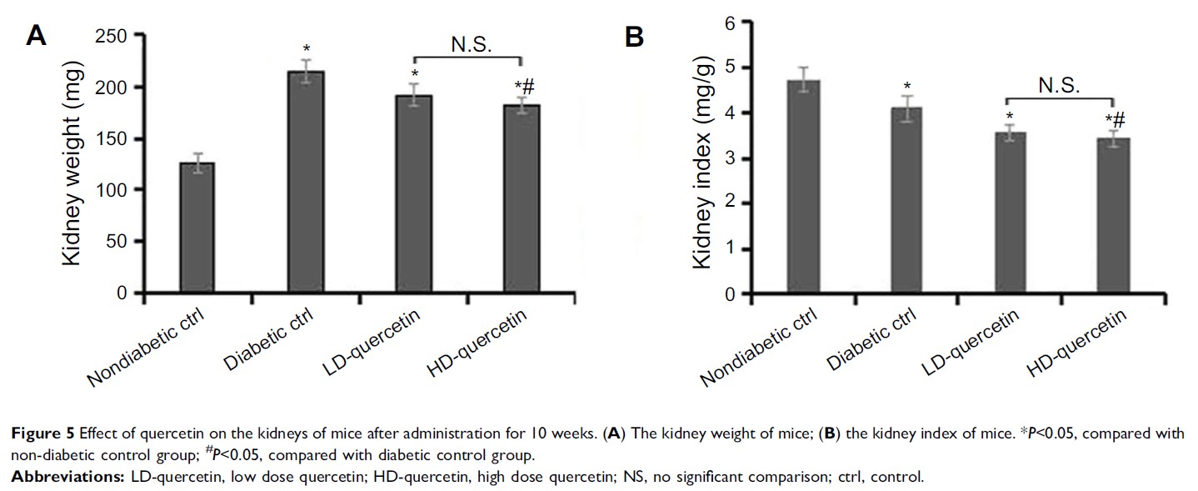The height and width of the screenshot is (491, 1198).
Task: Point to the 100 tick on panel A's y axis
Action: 115,190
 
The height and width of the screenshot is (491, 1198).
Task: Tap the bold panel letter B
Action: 635,37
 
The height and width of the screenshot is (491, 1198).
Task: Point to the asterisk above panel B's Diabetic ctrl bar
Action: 908,85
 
